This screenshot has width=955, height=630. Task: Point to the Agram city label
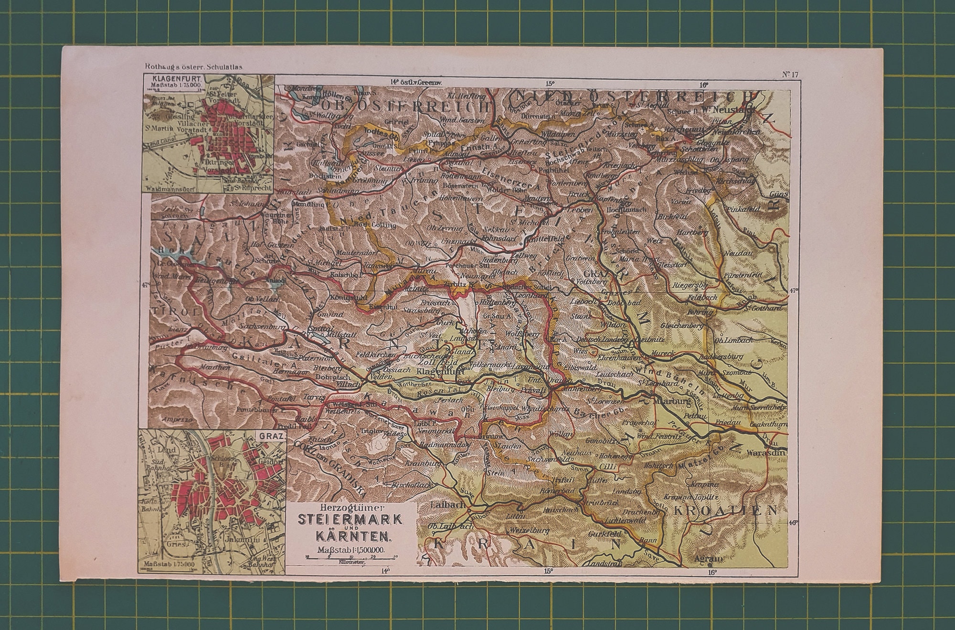708,558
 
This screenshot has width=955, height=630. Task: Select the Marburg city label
674,402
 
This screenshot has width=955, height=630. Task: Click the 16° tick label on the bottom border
711,572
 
